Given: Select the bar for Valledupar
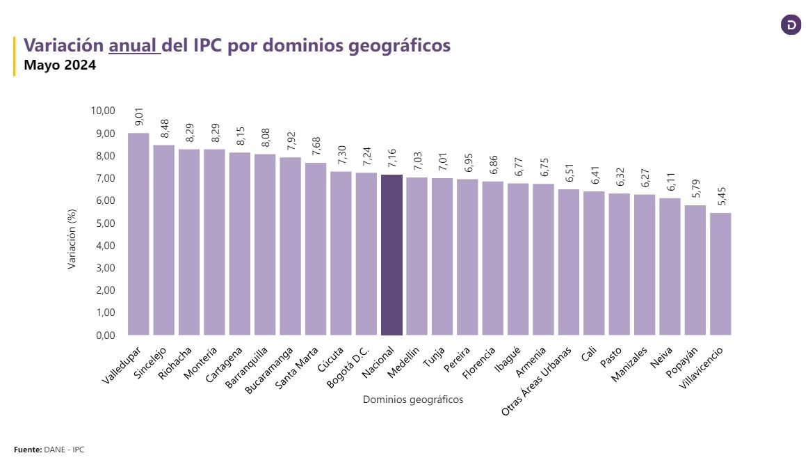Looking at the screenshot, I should tap(138, 234).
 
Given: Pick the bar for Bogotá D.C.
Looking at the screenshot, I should tap(366, 253).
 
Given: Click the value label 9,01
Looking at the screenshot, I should tap(138, 117).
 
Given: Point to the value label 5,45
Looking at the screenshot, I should tap(720, 197).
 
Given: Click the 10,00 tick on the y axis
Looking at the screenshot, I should tap(102, 111).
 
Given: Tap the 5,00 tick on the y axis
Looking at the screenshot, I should tap(104, 223).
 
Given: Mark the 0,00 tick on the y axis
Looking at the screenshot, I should tap(104, 335).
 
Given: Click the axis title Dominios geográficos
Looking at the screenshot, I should tap(413, 399).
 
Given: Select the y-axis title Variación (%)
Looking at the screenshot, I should tap(72, 241).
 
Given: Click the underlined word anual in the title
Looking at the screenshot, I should tap(134, 45).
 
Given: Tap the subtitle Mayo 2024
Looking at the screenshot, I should tap(60, 66).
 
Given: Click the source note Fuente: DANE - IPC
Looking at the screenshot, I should tap(49, 450).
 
